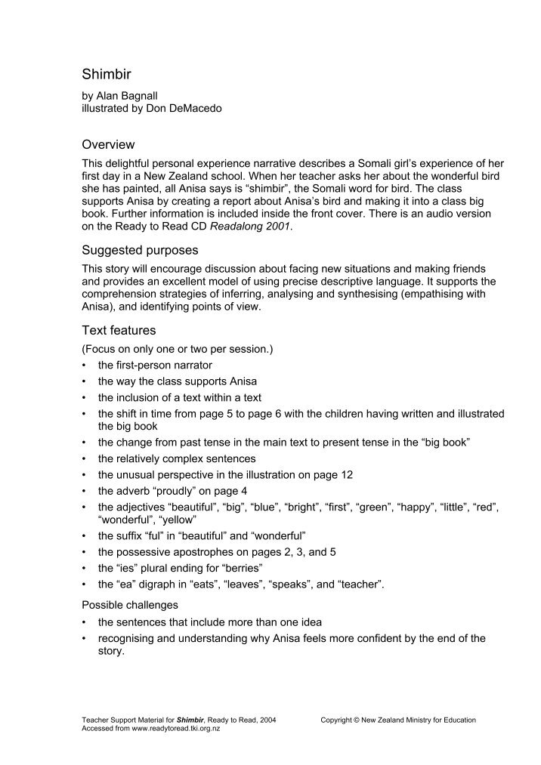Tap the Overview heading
coord(108,144)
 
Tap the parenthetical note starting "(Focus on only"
coord(177,349)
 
